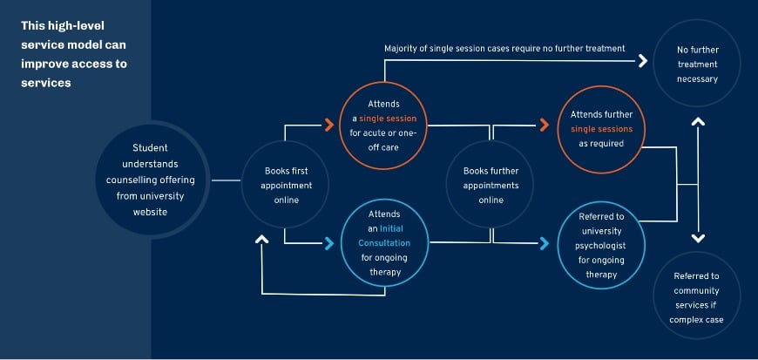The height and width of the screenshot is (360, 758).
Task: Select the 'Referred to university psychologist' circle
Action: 601,244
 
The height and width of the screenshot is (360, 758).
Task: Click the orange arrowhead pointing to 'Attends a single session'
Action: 329,126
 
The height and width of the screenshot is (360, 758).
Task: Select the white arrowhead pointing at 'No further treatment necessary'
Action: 643,61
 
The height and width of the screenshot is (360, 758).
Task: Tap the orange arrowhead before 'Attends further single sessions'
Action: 546,126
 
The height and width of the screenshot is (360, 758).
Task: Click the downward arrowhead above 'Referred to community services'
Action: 697,237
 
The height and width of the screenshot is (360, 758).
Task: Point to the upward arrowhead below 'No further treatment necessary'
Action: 697,122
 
